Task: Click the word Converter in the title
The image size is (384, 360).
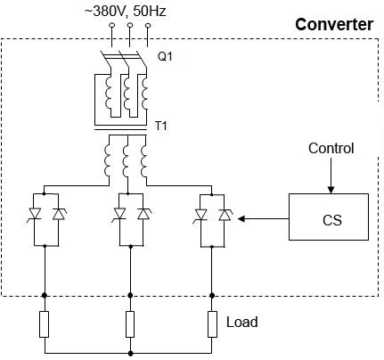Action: tap(334, 24)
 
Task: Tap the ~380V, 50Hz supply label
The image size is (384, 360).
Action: tap(126, 12)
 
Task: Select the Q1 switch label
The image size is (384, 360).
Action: tap(165, 56)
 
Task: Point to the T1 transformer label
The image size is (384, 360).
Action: tap(161, 126)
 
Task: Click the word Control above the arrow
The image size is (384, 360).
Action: tap(331, 148)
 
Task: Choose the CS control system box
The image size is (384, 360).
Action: tap(329, 217)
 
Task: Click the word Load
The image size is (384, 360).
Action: tap(242, 322)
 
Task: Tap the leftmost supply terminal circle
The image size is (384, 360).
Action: tap(111, 25)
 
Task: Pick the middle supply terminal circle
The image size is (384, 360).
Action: tap(130, 25)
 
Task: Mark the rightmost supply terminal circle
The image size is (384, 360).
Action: tap(148, 26)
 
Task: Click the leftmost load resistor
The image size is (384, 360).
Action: tap(45, 324)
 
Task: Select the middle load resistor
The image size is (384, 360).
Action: tap(130, 324)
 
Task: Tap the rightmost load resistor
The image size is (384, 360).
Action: tap(212, 324)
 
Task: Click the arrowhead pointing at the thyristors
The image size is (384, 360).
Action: tap(241, 219)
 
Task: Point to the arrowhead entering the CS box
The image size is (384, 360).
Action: tap(331, 190)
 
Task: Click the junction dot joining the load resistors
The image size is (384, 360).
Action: tap(130, 353)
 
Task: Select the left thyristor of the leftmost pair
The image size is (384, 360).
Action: tap(35, 215)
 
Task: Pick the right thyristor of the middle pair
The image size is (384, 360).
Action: tap(143, 214)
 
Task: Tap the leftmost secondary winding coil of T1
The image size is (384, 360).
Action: tap(107, 160)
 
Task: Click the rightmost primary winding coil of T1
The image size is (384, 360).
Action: tap(144, 93)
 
